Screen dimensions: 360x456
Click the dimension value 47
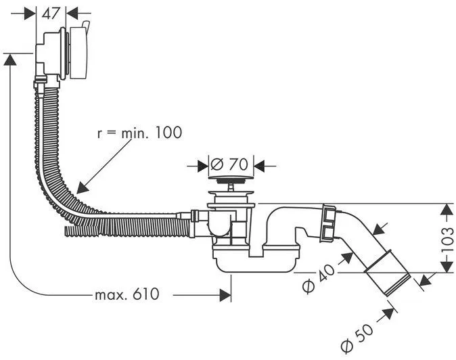click(x=50, y=12)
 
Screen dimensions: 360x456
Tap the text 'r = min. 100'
click(x=139, y=133)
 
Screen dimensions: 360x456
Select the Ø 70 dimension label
click(x=227, y=164)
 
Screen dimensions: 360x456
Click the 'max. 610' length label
click(x=127, y=294)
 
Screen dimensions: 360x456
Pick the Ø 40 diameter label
click(x=317, y=277)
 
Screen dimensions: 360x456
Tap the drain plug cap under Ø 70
click(x=231, y=181)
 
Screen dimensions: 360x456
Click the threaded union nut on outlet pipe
click(x=329, y=221)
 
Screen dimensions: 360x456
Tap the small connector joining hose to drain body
click(x=194, y=217)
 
